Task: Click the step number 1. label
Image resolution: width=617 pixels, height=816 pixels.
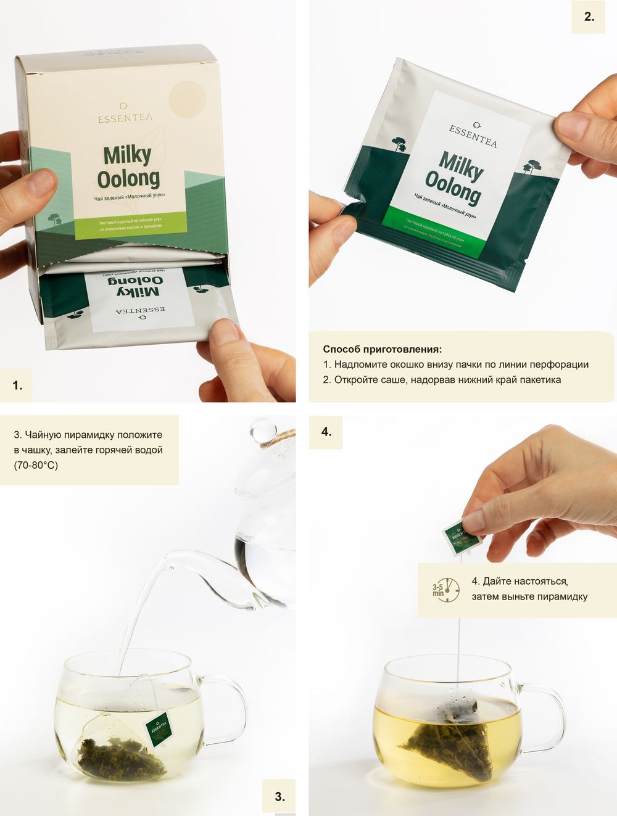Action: point(17,385)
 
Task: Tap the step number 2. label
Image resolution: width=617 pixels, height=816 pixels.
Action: point(589,17)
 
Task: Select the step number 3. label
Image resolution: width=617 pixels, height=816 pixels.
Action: point(279,796)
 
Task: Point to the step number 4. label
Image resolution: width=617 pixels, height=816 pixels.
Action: point(326,432)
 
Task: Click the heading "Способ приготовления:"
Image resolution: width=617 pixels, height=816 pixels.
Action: point(382,349)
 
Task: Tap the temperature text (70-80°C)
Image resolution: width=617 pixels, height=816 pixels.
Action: point(36,465)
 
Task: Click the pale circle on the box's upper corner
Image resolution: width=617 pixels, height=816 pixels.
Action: point(187,99)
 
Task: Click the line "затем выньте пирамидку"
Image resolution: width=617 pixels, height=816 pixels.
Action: point(529,596)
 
